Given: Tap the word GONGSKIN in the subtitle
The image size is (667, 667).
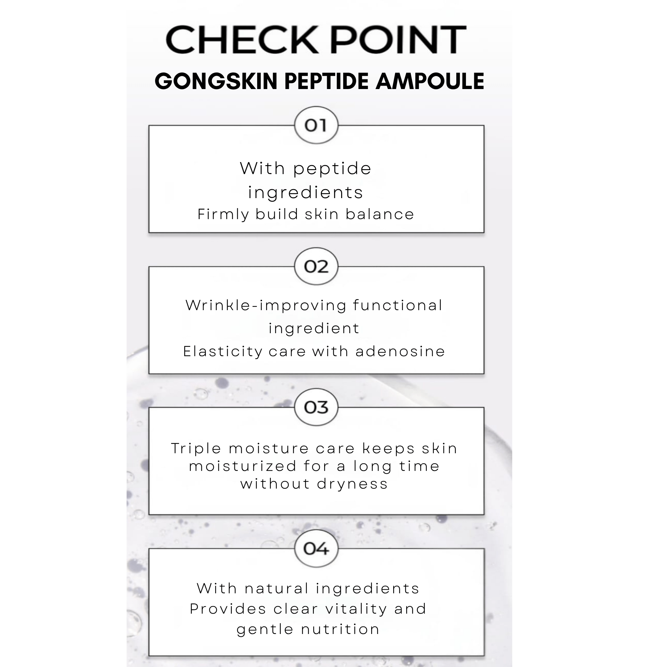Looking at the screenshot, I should [x=216, y=81].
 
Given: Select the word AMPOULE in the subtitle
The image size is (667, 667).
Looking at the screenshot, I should [x=430, y=81].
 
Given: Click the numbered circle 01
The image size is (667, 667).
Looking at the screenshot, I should [x=316, y=125].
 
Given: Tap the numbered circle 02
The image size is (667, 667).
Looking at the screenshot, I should [x=316, y=266].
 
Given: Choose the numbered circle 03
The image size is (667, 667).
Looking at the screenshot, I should [x=316, y=408].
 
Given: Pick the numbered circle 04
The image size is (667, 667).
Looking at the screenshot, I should [x=316, y=549].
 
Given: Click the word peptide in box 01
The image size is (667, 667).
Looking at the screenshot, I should [x=332, y=169].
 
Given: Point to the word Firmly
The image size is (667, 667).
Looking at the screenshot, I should [x=223, y=214].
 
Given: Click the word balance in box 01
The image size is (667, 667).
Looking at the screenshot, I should [x=380, y=214].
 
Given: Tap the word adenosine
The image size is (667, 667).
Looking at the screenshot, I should [x=400, y=352].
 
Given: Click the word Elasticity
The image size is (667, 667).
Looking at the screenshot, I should [x=223, y=352].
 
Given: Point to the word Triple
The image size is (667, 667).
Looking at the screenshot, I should [x=196, y=449].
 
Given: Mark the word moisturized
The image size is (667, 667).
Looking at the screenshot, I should [x=243, y=466].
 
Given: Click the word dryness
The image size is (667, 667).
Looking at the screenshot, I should [x=353, y=484].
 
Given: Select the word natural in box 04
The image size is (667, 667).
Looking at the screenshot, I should [x=276, y=589].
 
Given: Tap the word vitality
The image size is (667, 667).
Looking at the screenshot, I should [x=356, y=609].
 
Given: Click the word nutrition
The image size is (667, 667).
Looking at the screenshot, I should [x=341, y=629].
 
